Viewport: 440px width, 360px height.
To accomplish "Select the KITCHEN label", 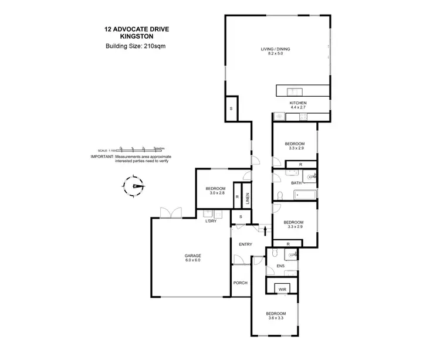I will pyautogui.click(x=298, y=103).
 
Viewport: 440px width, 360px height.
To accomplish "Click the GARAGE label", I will pyautogui.click(x=194, y=256).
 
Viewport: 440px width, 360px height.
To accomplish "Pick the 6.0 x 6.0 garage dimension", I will pyautogui.click(x=194, y=261).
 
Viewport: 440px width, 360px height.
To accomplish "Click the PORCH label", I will pyautogui.click(x=241, y=283).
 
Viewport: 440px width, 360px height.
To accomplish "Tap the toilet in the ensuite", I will pyautogui.click(x=292, y=254).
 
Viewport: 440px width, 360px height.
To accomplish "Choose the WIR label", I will pyautogui.click(x=282, y=290).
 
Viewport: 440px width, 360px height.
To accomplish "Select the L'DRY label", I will pyautogui.click(x=209, y=221).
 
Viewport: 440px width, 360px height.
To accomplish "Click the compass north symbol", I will pyautogui.click(x=137, y=186).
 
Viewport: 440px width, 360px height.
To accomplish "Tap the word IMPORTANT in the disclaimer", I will pyautogui.click(x=101, y=157).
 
